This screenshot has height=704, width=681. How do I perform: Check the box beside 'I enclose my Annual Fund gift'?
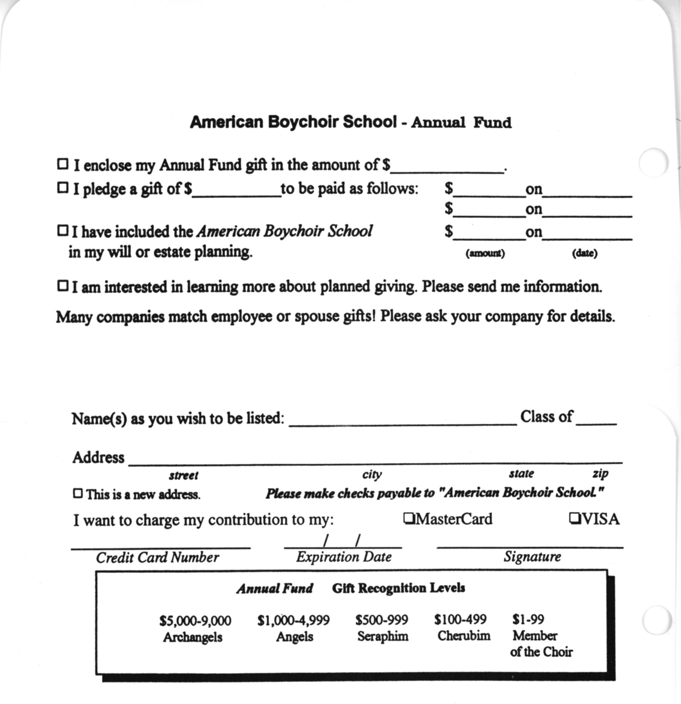click(x=62, y=164)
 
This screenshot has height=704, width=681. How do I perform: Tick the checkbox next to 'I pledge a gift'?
click(x=62, y=188)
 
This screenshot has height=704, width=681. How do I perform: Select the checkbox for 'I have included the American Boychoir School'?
click(x=62, y=231)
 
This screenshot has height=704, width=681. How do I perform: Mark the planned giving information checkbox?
click(x=62, y=286)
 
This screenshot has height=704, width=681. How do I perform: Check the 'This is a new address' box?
click(x=78, y=493)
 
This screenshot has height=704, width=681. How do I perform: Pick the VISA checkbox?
click(x=574, y=518)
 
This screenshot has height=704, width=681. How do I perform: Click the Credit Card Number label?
click(x=157, y=557)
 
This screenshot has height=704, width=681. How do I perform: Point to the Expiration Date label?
click(x=344, y=557)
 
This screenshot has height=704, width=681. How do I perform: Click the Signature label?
click(x=532, y=556)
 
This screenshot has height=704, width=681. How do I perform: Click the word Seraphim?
click(x=383, y=636)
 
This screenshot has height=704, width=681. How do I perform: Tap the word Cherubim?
click(x=463, y=636)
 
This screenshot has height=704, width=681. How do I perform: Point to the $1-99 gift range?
click(x=528, y=619)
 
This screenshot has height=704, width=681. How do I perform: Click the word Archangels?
click(x=193, y=637)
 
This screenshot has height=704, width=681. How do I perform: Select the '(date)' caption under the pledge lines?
click(x=584, y=254)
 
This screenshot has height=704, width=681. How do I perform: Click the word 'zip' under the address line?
click(x=600, y=474)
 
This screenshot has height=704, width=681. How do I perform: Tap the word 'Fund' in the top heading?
click(x=492, y=123)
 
